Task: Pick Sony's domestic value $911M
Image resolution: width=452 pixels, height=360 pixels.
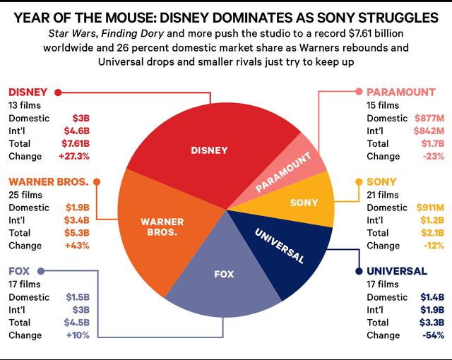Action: pos(430,208)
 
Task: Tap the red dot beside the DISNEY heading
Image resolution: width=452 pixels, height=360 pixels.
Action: pos(57,92)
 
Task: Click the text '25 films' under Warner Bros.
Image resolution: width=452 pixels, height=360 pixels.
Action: pos(26,194)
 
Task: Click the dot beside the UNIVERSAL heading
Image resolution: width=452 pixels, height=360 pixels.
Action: pos(359,271)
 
